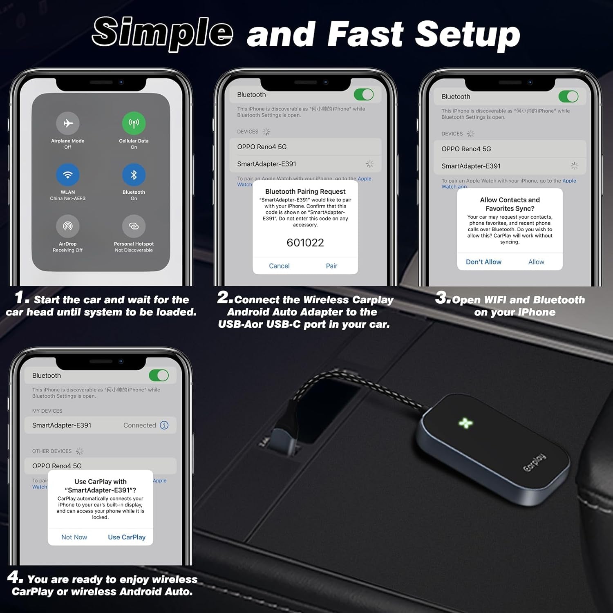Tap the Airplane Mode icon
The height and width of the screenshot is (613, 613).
[68, 123]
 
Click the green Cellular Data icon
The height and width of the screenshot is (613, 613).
[134, 123]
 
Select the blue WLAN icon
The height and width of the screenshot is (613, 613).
[68, 175]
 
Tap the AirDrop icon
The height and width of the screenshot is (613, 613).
[68, 226]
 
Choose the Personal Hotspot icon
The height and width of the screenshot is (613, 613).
[134, 226]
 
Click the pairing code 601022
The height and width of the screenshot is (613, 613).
[305, 243]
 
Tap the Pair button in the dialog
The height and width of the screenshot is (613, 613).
[331, 266]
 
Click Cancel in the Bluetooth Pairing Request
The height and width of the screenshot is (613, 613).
[279, 266]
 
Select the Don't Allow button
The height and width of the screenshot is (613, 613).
[483, 262]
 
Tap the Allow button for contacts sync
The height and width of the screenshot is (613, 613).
[536, 262]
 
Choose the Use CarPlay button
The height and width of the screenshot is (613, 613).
[127, 537]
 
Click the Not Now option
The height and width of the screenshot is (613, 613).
[74, 537]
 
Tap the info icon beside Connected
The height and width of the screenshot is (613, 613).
[164, 425]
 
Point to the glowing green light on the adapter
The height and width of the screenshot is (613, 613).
[465, 423]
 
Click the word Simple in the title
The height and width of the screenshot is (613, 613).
[163, 33]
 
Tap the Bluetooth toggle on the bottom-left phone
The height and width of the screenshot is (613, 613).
[159, 375]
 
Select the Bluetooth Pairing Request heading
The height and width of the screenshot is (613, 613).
[305, 191]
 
